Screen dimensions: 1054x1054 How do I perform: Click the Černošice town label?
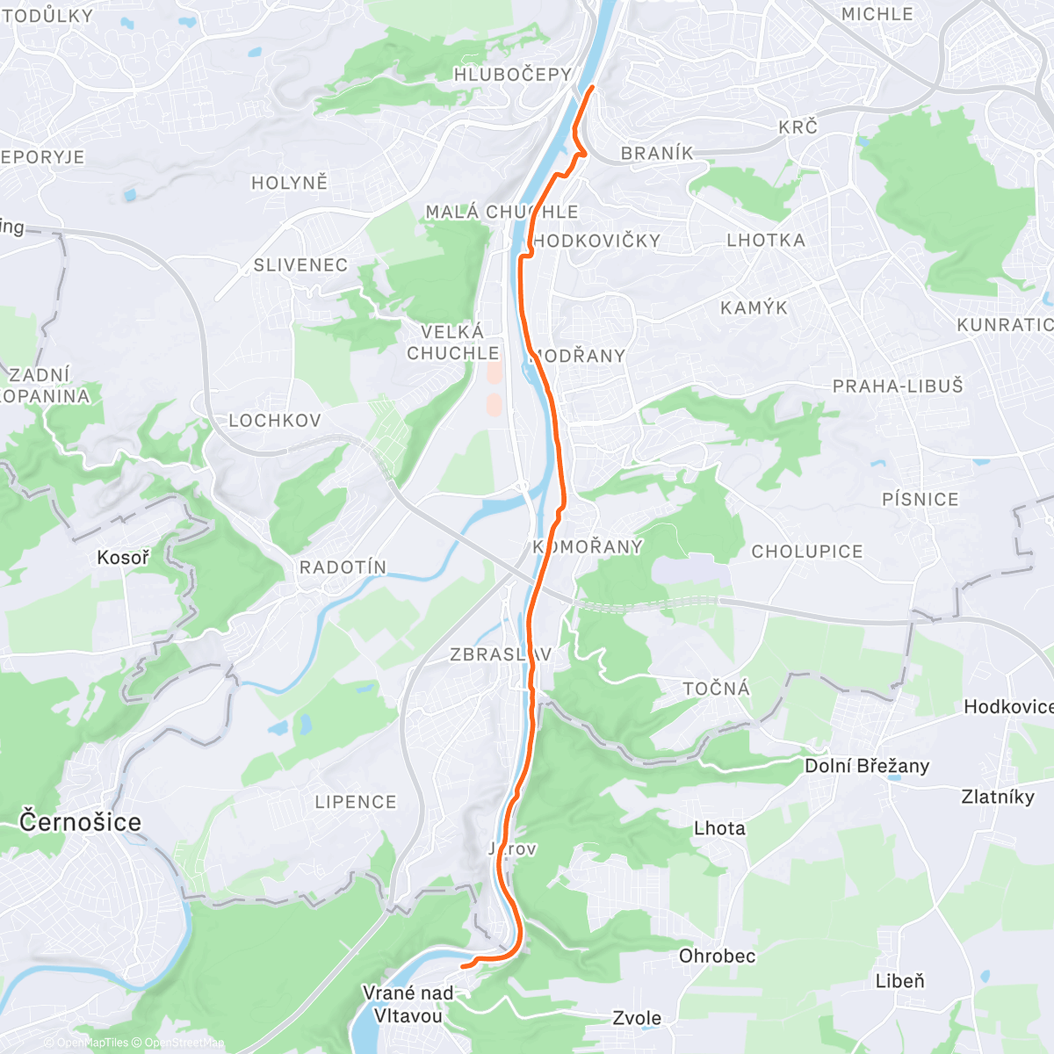point(80,822)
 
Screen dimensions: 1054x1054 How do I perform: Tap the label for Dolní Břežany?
point(866,766)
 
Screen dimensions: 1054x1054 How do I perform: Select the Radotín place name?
point(343,567)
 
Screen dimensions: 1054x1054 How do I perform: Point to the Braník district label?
point(657,154)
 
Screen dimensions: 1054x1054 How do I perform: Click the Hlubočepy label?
point(512,75)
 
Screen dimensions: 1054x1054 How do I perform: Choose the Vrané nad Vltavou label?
point(408,1004)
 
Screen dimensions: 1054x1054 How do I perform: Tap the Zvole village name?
point(637,1019)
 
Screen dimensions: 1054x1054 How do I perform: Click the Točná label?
point(717,689)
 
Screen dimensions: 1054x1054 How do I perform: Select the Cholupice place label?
point(806,552)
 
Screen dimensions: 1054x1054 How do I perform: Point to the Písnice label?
point(920,500)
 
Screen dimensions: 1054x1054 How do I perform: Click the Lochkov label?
point(275,421)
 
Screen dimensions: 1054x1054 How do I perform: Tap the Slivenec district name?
point(300,265)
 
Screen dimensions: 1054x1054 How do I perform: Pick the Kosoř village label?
point(123,558)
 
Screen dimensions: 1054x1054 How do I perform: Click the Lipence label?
point(356,802)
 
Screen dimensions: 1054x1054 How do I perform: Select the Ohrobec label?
point(717,956)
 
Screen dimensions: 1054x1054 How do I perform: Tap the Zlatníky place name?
point(998,797)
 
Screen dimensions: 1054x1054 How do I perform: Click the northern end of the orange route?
point(592,87)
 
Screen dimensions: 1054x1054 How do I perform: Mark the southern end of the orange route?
point(463,965)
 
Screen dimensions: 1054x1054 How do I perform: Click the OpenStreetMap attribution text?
point(184,1043)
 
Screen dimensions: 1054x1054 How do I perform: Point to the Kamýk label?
point(754,308)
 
